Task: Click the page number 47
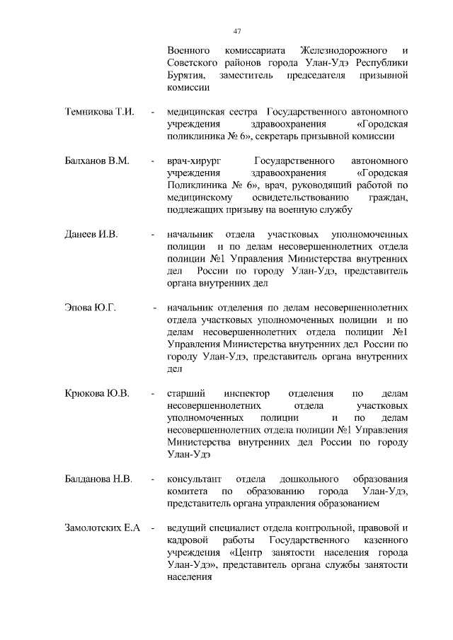pyautogui.click(x=237, y=30)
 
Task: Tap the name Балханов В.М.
pyautogui.click(x=96, y=162)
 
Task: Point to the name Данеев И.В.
pyautogui.click(x=91, y=234)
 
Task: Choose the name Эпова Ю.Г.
pyautogui.click(x=89, y=309)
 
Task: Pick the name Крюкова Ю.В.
pyautogui.click(x=97, y=393)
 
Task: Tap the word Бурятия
pyautogui.click(x=186, y=76)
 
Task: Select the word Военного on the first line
pyautogui.click(x=188, y=52)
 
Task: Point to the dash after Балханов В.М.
pyautogui.click(x=152, y=162)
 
